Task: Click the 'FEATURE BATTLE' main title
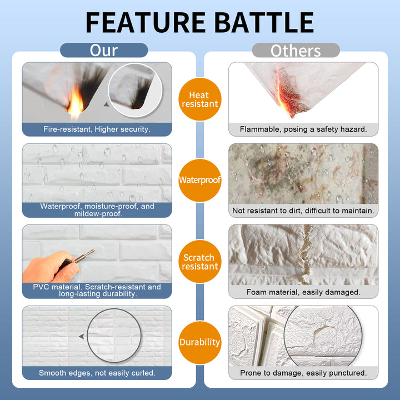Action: pyautogui.click(x=199, y=22)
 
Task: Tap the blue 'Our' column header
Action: pyautogui.click(x=104, y=51)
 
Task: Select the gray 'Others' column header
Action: pyautogui.click(x=296, y=51)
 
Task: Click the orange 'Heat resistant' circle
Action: pyautogui.click(x=199, y=99)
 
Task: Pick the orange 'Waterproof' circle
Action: pyautogui.click(x=199, y=180)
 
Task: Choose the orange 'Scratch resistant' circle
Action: pyautogui.click(x=199, y=262)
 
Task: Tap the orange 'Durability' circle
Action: pyautogui.click(x=199, y=342)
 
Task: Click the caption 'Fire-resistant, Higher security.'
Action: pyautogui.click(x=97, y=129)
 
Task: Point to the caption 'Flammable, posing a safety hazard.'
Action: pyautogui.click(x=303, y=129)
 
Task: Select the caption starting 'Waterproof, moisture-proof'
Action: pyautogui.click(x=97, y=209)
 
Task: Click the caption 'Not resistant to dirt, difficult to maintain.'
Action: pyautogui.click(x=303, y=211)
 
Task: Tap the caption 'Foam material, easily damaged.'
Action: pyautogui.click(x=303, y=292)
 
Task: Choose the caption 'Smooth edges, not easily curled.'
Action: pyautogui.click(x=97, y=373)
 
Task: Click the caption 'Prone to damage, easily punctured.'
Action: pyautogui.click(x=303, y=373)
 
